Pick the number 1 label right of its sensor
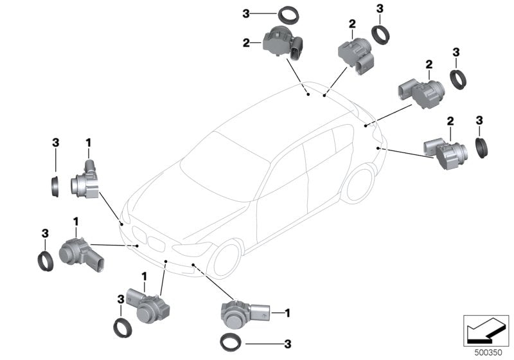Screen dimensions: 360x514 coord(288,313)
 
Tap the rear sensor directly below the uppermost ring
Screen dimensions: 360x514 coord(283,41)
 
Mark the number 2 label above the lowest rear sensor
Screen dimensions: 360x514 coord(450,120)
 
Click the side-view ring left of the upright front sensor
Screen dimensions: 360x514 coord(56,183)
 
